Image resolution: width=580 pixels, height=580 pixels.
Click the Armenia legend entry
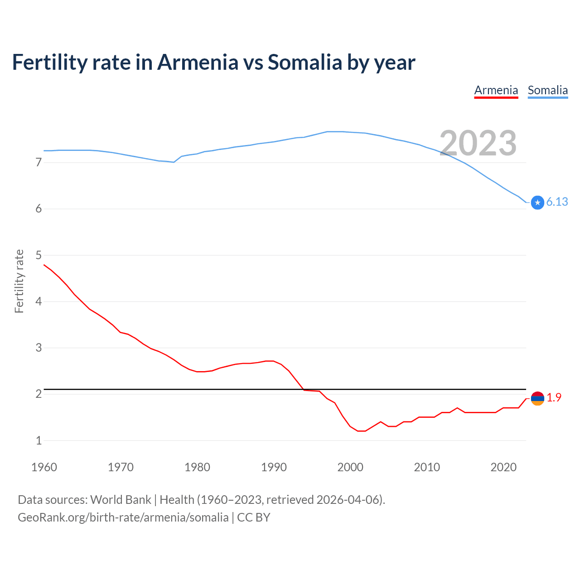pos(496,91)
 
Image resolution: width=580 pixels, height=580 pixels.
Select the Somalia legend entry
pos(547,91)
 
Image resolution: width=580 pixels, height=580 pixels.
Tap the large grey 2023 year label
pos(478,143)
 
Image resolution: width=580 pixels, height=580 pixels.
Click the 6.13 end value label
pos(557,202)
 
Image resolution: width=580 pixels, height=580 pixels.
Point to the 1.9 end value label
pos(554,397)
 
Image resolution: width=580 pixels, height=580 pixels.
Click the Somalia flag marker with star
pos(537,203)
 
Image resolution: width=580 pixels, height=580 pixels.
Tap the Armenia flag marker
pos(537,398)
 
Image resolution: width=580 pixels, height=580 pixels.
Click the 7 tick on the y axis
pos(39,162)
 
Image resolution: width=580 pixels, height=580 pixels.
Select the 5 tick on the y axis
pos(39,255)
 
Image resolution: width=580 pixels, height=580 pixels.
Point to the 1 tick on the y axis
pos(39,440)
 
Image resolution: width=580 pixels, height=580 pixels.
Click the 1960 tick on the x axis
pos(44,467)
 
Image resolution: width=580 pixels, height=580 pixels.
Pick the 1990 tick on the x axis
pos(274,467)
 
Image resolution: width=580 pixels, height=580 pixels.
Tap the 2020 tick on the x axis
pos(503,467)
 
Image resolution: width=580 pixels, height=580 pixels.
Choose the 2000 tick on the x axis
pos(350,467)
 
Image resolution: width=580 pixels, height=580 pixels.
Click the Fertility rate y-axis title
pos(19,281)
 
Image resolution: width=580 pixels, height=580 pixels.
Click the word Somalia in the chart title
pos(304,63)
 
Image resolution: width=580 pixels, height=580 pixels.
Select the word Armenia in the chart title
pos(198,63)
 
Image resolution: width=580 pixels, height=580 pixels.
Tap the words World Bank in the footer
pos(121,500)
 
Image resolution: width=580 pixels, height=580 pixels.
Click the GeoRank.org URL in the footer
pos(123,517)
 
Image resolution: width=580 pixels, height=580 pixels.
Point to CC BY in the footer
pos(254,517)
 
